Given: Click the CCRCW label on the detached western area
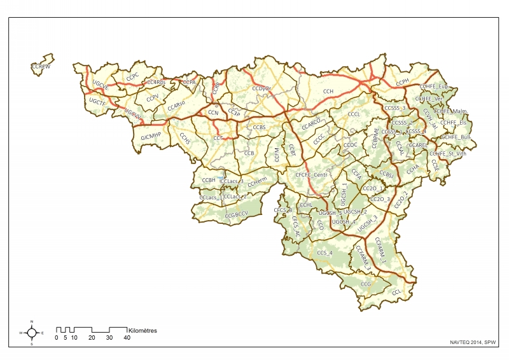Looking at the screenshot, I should (40, 66).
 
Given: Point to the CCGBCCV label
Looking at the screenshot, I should (236, 216).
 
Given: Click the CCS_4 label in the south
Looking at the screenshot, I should (324, 253).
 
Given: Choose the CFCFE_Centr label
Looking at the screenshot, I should (310, 174).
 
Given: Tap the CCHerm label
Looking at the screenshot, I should (256, 182).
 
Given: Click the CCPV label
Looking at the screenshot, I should (153, 99).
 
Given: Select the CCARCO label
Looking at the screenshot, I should (311, 124).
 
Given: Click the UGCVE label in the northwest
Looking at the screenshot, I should (101, 84).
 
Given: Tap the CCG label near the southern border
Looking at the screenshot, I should (365, 284).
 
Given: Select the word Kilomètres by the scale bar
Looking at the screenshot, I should (143, 331).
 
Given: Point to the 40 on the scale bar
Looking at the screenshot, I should (127, 338).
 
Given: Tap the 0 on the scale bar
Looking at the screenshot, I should (57, 338).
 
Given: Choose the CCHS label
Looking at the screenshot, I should (185, 141).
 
